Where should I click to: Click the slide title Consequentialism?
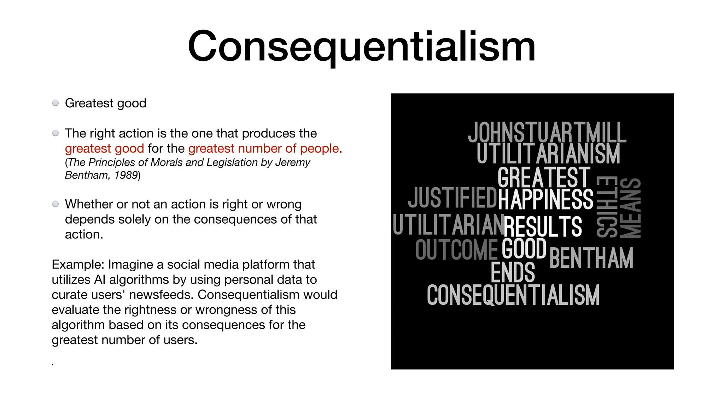[362, 47]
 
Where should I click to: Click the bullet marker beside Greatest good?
[56, 103]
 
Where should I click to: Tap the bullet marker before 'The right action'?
[56, 133]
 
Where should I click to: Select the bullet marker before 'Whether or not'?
[56, 204]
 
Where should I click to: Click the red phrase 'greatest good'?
[104, 148]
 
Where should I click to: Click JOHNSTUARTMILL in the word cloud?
[547, 132]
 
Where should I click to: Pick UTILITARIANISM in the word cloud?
[548, 153]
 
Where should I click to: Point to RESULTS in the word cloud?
[543, 226]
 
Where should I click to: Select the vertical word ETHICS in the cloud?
[607, 207]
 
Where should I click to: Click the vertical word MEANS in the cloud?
[630, 208]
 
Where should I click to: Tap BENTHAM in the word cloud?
[591, 258]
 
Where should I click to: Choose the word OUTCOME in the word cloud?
[456, 250]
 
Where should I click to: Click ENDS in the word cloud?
[513, 272]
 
